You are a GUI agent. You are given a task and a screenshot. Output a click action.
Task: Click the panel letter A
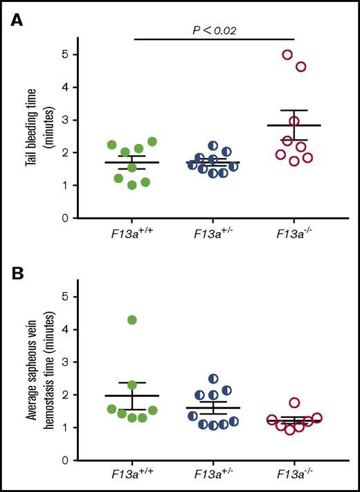(15, 22)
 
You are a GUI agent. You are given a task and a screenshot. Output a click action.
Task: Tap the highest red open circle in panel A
(287, 55)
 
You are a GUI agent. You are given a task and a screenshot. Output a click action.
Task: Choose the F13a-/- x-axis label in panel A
(294, 236)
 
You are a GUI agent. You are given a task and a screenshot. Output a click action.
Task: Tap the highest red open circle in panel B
(294, 403)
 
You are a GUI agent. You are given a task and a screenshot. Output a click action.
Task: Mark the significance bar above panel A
(213, 39)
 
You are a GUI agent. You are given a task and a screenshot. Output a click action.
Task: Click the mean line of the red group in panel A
(294, 125)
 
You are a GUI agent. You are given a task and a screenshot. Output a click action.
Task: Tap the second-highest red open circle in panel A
(301, 67)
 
